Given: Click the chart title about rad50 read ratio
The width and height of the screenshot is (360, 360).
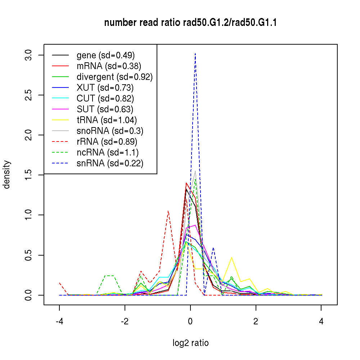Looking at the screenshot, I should (x=190, y=23).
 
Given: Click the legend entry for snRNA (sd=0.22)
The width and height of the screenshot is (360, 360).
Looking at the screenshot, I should (x=110, y=163).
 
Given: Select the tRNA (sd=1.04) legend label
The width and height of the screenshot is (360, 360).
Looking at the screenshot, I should (x=107, y=120).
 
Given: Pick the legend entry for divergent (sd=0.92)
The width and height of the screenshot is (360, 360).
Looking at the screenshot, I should (x=114, y=77).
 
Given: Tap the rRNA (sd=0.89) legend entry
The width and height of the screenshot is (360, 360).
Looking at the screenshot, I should (x=107, y=141).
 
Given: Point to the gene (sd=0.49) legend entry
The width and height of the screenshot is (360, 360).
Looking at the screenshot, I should (x=105, y=55).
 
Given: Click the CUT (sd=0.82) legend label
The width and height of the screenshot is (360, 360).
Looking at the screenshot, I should (x=105, y=98).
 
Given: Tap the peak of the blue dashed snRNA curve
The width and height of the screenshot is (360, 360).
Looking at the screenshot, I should (x=195, y=54).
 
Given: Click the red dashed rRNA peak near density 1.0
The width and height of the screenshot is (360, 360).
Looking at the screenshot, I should (x=168, y=211).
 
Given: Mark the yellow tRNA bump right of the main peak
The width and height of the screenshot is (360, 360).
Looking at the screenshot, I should (x=231, y=258).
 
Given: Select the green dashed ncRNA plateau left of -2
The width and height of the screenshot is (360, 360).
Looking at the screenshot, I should (x=109, y=275).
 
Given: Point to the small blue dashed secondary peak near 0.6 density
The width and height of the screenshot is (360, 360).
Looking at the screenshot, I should (x=213, y=248).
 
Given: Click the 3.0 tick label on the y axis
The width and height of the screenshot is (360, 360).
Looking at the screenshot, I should (x=29, y=55).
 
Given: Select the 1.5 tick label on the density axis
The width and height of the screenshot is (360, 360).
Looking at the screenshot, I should (x=29, y=175).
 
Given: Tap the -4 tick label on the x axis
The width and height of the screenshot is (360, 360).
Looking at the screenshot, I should (x=59, y=322).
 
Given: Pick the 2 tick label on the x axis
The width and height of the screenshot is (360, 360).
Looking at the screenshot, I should (x=256, y=322).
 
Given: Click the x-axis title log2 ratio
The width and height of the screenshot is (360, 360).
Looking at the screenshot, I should (x=190, y=343).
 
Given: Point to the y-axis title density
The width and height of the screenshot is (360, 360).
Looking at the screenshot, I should (x=7, y=175).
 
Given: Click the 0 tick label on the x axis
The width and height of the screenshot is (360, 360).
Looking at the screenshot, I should (x=190, y=322).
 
